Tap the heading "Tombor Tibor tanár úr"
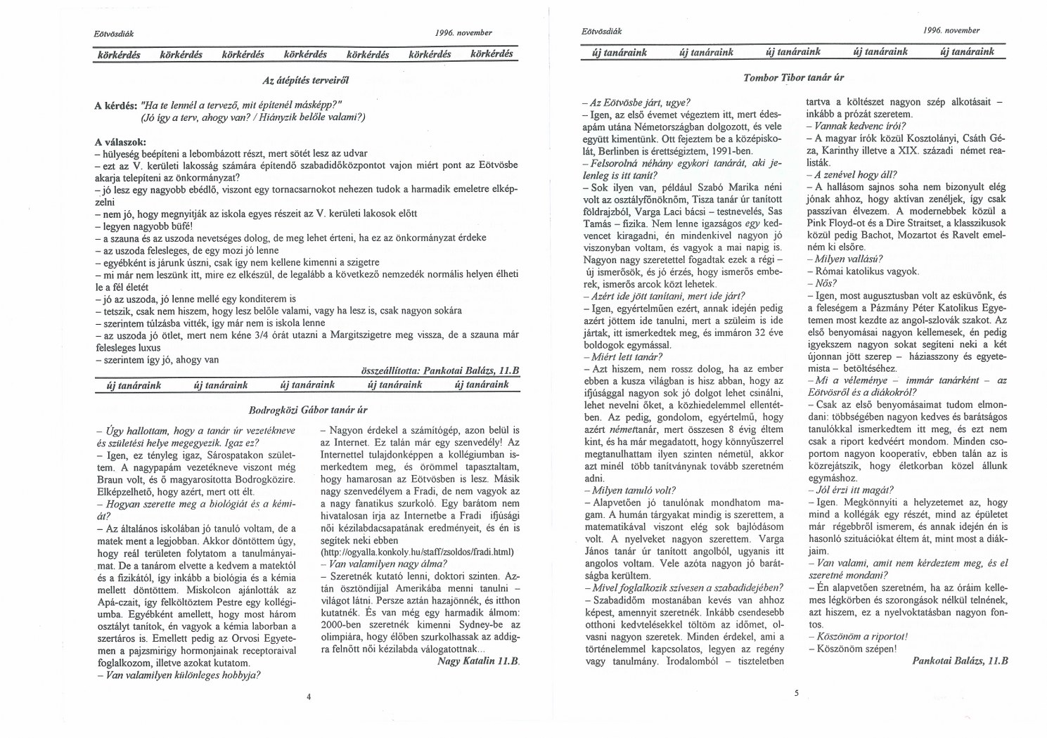pos(793,77)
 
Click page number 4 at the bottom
pos(309,697)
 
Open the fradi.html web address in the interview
pos(417,552)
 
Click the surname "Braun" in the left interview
pos(112,480)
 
